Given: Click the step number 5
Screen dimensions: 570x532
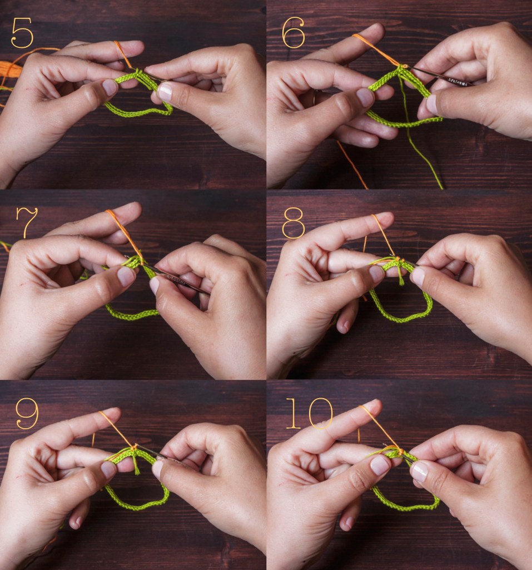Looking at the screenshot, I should [x=22, y=34].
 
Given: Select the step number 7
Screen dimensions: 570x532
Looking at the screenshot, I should [x=27, y=222].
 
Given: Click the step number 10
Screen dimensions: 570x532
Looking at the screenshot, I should [x=309, y=414].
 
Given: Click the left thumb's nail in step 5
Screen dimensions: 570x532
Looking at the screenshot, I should [x=110, y=87].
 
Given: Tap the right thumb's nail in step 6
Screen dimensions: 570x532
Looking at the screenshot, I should [x=432, y=104].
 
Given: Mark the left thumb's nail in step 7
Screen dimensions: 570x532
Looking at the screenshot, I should [x=126, y=276].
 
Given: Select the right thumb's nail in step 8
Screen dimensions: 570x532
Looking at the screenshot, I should [x=417, y=276].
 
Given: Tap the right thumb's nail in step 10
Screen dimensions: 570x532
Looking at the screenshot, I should [x=419, y=471].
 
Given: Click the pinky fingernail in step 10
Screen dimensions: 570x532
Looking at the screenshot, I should [x=349, y=523].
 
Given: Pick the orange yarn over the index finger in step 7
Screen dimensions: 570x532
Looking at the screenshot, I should [x=120, y=225].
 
